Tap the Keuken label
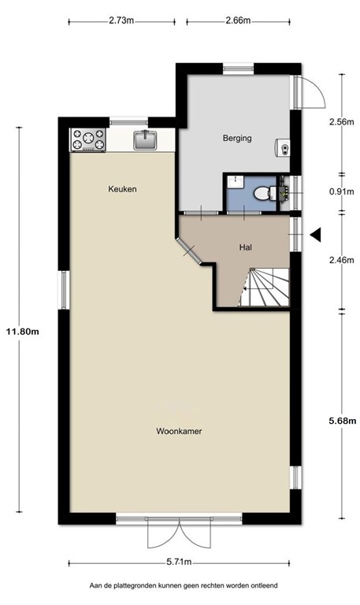122,189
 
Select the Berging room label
236,139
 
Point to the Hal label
245,247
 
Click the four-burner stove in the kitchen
89,140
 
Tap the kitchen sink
145,140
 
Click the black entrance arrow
317,235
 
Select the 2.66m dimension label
237,21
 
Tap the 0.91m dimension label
341,191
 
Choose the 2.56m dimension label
341,122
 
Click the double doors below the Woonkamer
180,535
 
